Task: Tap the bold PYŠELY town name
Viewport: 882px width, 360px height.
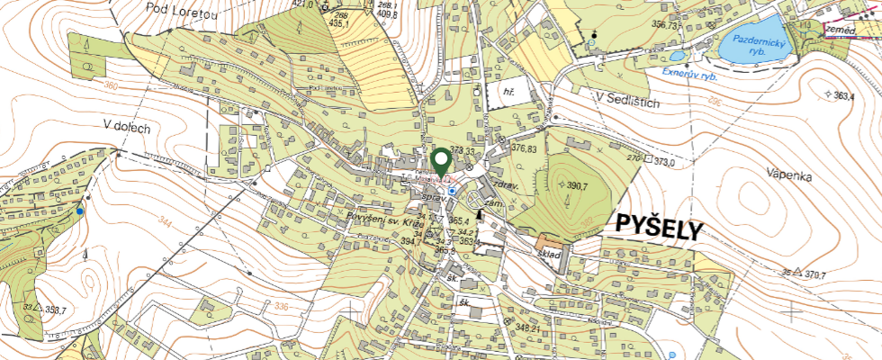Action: coord(658,229)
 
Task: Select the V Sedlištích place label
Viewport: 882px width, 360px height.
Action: coord(627,103)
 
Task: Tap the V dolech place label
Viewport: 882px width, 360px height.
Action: coord(139,127)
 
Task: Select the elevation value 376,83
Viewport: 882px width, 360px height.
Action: coord(529,148)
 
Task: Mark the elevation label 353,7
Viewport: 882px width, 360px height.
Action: coord(55,310)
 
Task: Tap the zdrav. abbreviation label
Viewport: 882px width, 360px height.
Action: coord(507,183)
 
